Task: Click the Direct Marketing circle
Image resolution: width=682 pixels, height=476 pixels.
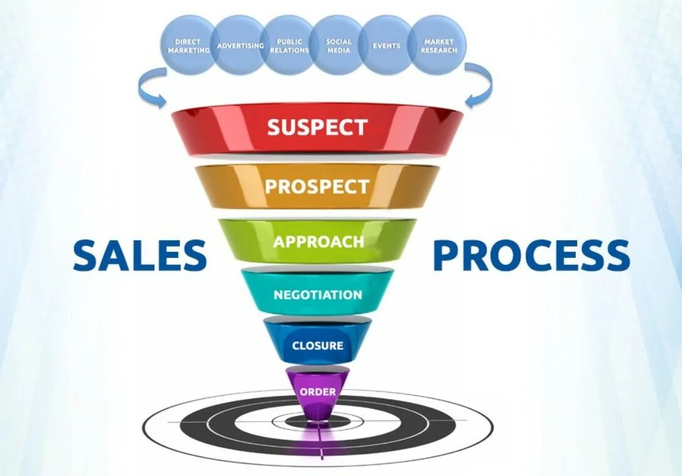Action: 189,45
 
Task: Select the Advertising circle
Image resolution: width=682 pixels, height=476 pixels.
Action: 239,46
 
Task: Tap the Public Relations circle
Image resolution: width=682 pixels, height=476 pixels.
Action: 289,45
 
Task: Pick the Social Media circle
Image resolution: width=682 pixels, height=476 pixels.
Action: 338,45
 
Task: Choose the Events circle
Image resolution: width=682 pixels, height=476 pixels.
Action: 386,45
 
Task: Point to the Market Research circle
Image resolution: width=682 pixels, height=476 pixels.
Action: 438,45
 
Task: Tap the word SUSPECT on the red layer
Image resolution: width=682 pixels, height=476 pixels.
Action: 317,127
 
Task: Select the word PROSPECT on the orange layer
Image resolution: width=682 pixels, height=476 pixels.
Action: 316,186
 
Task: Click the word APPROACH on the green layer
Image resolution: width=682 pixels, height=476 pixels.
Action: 318,242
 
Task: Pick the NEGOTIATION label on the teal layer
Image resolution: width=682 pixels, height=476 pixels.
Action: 318,294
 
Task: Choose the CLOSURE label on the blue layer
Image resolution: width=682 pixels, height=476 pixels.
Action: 318,345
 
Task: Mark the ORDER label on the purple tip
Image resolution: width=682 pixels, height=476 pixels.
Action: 318,392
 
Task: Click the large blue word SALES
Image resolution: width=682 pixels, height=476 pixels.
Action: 140,256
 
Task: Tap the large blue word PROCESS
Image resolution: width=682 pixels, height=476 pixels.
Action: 531,256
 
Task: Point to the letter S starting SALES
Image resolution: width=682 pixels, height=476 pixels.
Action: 86,256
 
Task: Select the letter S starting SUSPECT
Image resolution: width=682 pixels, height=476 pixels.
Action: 274,127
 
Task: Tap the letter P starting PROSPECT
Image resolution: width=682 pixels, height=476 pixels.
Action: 271,186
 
